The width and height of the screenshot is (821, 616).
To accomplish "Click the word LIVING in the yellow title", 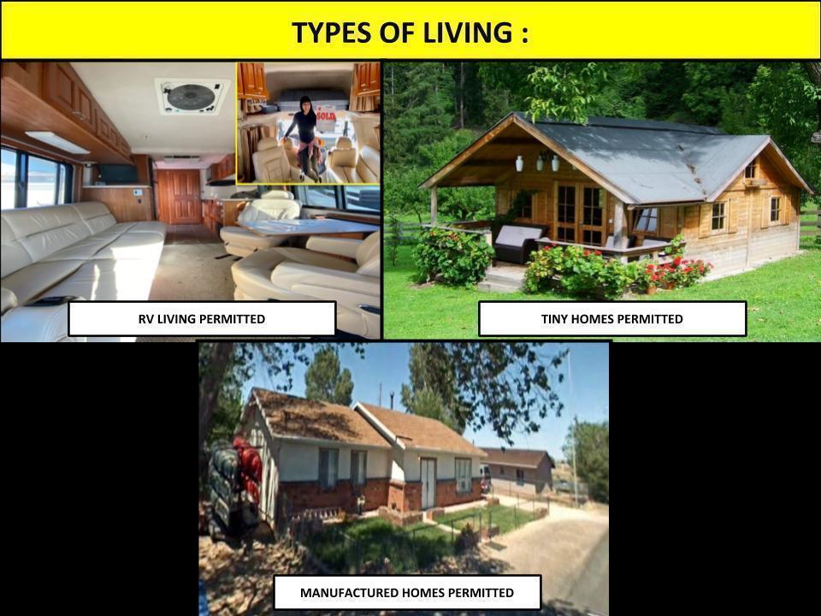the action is [468, 33].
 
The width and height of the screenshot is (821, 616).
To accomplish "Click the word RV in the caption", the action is [145, 319].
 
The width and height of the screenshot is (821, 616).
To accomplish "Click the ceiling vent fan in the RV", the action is [191, 96].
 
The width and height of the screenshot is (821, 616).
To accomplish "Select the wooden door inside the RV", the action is [179, 196].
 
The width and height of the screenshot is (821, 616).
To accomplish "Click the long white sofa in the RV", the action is [79, 257].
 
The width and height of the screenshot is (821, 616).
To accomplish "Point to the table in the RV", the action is [309, 227].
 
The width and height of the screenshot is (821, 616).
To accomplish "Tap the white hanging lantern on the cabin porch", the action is [519, 163].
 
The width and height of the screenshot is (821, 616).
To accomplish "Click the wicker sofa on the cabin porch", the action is [518, 243].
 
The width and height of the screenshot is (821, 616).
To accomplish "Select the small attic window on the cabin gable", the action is [751, 169].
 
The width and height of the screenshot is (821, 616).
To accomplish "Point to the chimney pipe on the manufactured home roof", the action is [391, 400].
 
